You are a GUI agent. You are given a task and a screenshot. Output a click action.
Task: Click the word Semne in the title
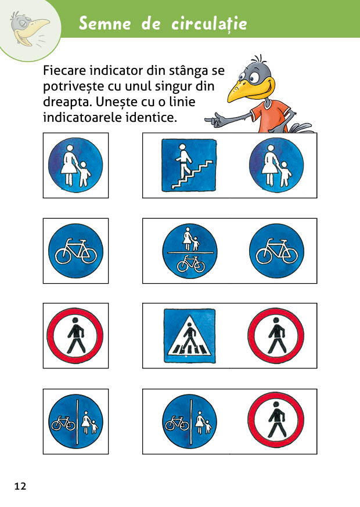pos(105,24)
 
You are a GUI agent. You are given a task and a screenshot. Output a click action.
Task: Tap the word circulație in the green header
pos(209,24)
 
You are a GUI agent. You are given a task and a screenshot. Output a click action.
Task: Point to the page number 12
pos(20,486)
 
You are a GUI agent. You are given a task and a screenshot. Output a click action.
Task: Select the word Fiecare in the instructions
pos(64,71)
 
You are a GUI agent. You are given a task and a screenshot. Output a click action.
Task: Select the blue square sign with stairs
pos(189,165)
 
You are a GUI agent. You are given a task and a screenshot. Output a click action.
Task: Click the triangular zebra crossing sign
pos(190,336)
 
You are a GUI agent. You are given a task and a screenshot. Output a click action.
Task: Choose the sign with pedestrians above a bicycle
pos(190,251)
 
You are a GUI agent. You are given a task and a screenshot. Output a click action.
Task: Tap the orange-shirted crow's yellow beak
pos(249,90)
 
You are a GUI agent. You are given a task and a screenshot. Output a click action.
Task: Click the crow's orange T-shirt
pos(271,117)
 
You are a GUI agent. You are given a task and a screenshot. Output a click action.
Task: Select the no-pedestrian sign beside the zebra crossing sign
pos(276,336)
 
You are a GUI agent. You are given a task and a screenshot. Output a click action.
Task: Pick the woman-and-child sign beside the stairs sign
pos(276,165)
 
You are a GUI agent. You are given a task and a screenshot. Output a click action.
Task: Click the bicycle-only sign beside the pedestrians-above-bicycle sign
pos(277,251)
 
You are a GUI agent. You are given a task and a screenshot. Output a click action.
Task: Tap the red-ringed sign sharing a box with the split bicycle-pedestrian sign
pos(276,421)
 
